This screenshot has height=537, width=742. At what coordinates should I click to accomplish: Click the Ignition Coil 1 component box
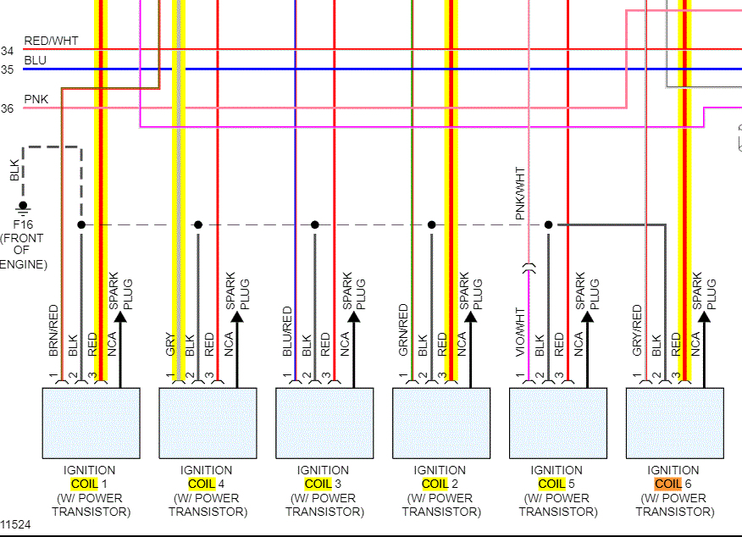click(x=91, y=423)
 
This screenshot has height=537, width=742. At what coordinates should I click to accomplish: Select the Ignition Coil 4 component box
click(x=208, y=423)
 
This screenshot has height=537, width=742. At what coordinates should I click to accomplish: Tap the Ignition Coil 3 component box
click(x=324, y=423)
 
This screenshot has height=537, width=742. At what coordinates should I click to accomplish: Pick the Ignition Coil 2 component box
click(x=441, y=423)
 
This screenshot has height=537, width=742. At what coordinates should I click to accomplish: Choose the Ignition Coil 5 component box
click(x=558, y=423)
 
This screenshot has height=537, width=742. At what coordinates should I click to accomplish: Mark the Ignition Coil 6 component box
click(x=675, y=423)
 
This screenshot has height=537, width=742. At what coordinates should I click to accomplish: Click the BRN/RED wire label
click(x=53, y=329)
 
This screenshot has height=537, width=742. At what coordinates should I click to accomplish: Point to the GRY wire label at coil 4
click(x=169, y=343)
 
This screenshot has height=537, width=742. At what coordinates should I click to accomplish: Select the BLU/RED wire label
click(x=287, y=329)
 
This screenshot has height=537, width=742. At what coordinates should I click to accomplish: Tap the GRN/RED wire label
click(x=403, y=329)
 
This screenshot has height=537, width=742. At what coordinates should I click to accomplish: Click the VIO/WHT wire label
click(x=520, y=330)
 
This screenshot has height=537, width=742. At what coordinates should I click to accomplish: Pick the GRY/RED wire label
click(x=637, y=329)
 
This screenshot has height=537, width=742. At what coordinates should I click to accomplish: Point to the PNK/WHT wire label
click(x=520, y=194)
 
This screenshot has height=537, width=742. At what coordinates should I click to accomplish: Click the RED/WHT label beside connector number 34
click(x=51, y=40)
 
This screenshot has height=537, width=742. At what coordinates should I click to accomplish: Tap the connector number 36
click(x=7, y=108)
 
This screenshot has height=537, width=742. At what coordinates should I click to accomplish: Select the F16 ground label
click(x=23, y=225)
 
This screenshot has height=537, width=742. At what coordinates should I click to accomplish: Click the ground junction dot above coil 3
click(x=315, y=225)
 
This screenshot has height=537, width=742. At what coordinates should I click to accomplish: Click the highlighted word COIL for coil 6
click(x=667, y=484)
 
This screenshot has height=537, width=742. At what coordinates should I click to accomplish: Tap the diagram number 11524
click(x=16, y=524)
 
